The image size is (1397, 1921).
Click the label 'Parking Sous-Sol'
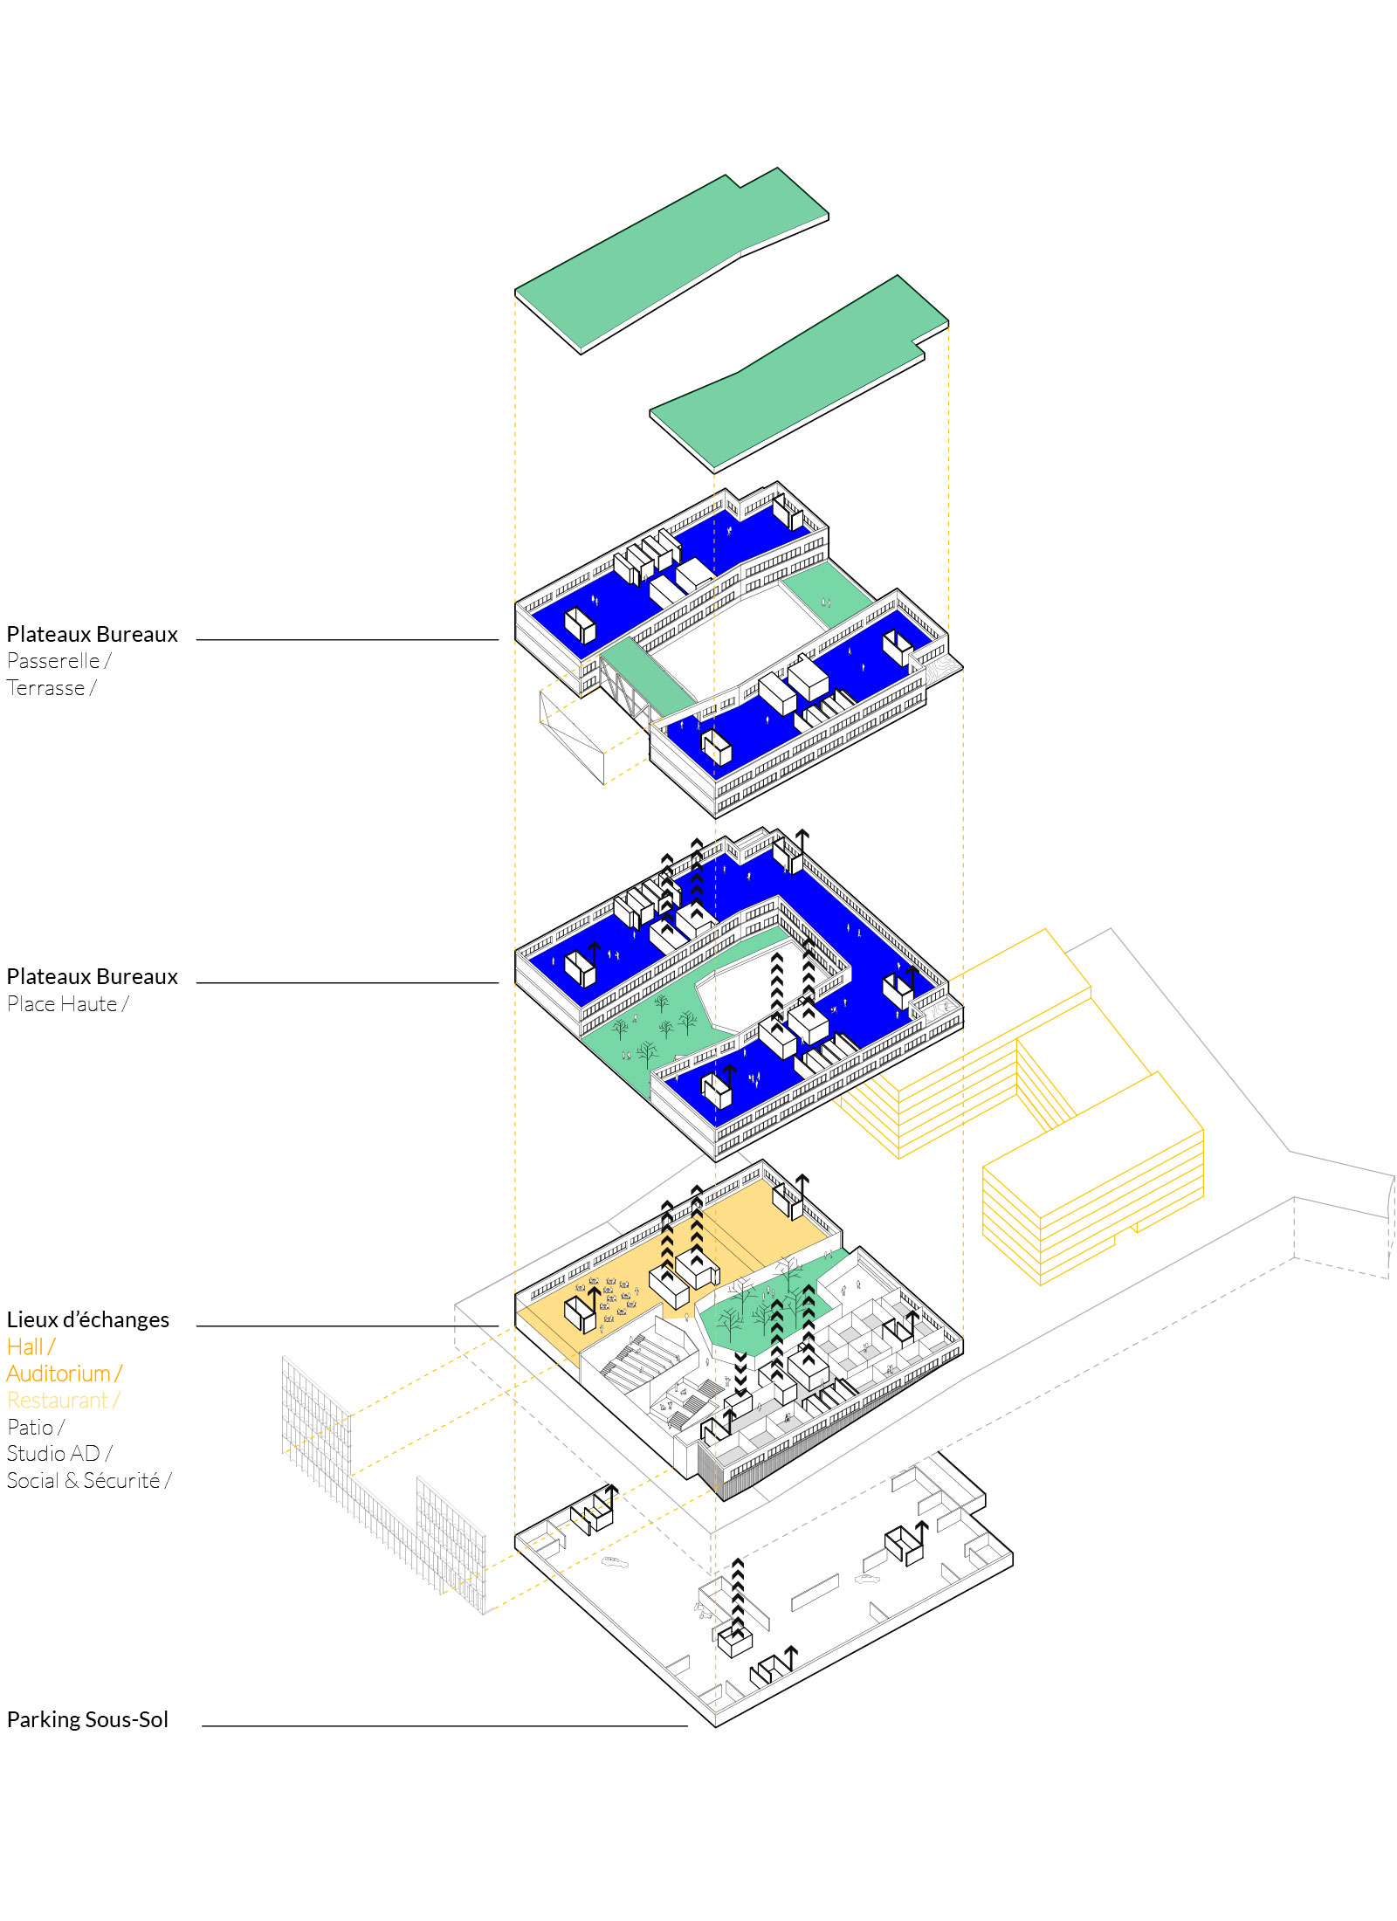(87, 1719)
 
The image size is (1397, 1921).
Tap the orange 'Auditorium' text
(58, 1374)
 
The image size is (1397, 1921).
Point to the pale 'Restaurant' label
(57, 1401)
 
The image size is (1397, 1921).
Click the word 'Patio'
(30, 1427)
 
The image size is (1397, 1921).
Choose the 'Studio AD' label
(53, 1454)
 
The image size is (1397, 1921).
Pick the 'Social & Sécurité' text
(83, 1480)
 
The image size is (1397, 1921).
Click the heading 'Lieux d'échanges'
(88, 1319)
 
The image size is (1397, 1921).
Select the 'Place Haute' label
(62, 1004)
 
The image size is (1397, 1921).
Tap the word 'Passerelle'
(53, 661)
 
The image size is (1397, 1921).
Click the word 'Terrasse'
(46, 688)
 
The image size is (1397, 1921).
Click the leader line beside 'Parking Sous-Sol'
(444, 1726)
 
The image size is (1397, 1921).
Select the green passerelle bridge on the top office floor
(646, 678)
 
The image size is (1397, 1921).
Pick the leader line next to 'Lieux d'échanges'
(348, 1326)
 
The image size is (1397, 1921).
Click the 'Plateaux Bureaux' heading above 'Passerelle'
(93, 634)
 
